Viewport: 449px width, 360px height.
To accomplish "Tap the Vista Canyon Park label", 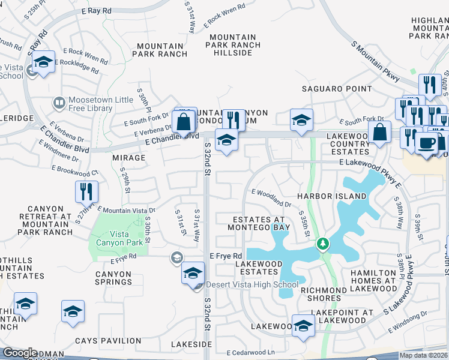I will click(x=120, y=238).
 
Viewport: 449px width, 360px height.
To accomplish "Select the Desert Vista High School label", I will click(x=252, y=285).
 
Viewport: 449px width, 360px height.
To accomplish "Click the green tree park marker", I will click(x=323, y=244).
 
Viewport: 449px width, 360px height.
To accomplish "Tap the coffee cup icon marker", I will click(x=427, y=144).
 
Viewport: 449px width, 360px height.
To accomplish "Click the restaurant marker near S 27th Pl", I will click(x=86, y=191).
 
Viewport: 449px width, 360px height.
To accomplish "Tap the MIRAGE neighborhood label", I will click(x=128, y=158).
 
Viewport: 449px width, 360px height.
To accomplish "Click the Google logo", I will click(x=20, y=353).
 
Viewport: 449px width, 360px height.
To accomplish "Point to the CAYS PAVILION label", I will click(x=108, y=341).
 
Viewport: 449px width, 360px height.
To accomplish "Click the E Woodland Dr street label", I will click(x=271, y=198).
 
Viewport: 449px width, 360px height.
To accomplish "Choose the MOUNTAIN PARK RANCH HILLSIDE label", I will click(x=234, y=45).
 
